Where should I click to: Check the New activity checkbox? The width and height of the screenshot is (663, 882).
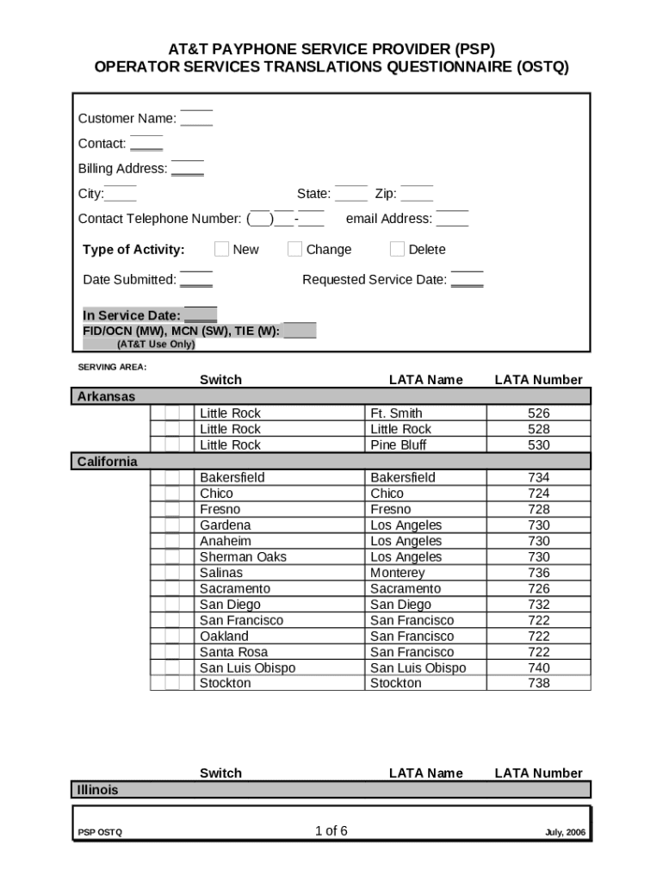click(221, 249)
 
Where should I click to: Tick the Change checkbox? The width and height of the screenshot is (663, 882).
click(294, 249)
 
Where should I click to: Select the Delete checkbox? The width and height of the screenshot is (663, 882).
click(397, 249)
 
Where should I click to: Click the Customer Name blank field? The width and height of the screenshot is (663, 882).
click(196, 119)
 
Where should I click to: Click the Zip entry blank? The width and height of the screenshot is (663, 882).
click(417, 194)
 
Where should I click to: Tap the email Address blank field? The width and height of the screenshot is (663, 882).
click(452, 219)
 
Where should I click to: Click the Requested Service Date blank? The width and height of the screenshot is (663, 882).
click(467, 279)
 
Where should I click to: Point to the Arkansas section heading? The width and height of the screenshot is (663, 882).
click(106, 396)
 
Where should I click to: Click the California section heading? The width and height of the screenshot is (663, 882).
click(107, 462)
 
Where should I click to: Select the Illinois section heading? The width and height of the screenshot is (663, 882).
click(98, 790)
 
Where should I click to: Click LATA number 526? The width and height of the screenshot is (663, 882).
click(538, 413)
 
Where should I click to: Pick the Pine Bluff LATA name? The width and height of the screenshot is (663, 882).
click(398, 445)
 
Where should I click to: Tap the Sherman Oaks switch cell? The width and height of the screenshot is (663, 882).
click(243, 557)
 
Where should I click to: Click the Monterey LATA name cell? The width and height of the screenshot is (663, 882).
click(397, 573)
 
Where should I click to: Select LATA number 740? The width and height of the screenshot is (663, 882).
click(538, 668)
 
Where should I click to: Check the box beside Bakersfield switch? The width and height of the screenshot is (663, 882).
click(172, 477)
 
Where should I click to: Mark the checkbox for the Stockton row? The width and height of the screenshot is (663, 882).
click(172, 683)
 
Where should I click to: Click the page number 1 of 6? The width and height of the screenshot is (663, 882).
click(331, 831)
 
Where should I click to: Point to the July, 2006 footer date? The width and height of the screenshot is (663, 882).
click(565, 833)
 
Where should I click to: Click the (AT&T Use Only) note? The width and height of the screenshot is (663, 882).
click(156, 345)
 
